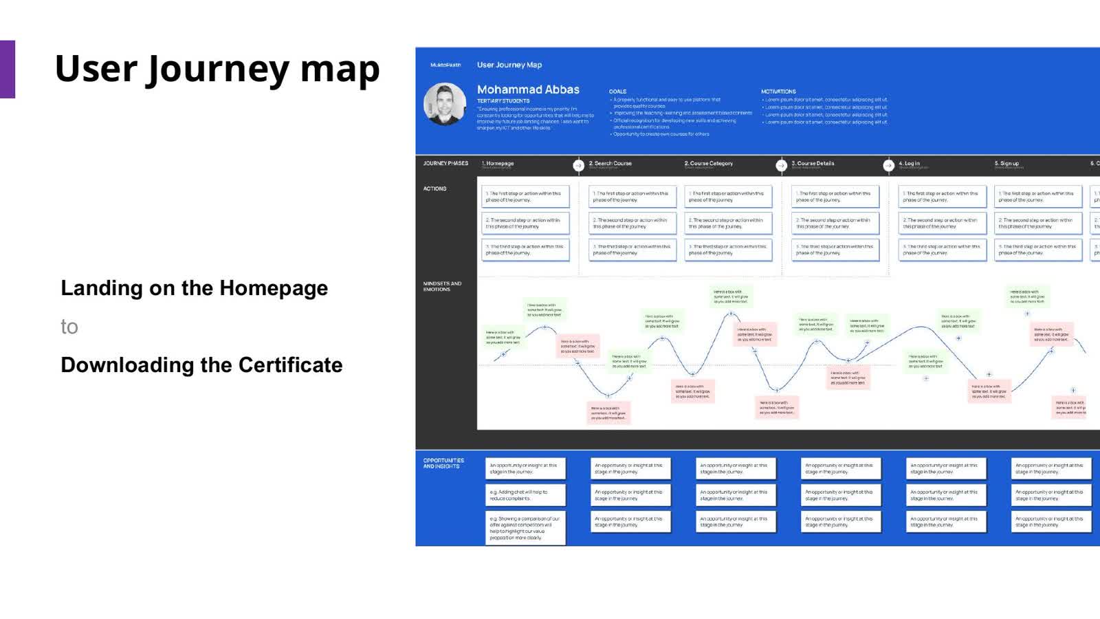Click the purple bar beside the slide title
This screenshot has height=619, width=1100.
pyautogui.click(x=8, y=69)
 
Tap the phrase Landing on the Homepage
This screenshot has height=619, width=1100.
pyautogui.click(x=194, y=288)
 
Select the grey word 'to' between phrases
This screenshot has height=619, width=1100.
pyautogui.click(x=69, y=327)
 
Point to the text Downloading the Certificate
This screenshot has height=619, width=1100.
pyautogui.click(x=201, y=365)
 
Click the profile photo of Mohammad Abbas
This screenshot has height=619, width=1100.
pyautogui.click(x=445, y=104)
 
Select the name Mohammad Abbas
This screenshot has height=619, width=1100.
pyautogui.click(x=528, y=89)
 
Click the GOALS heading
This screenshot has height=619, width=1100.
pyautogui.click(x=617, y=91)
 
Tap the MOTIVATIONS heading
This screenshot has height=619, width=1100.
pyautogui.click(x=778, y=91)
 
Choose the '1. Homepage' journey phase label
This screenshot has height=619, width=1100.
pyautogui.click(x=498, y=164)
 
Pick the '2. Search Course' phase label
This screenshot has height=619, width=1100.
pyautogui.click(x=610, y=164)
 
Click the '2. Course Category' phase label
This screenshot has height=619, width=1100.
pyautogui.click(x=708, y=164)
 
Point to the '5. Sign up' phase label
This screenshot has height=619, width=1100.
pyautogui.click(x=1006, y=164)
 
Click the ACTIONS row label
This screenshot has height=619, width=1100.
pyautogui.click(x=434, y=188)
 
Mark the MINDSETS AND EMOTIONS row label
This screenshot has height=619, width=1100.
pyautogui.click(x=442, y=286)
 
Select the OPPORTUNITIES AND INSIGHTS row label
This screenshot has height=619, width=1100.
pyautogui.click(x=443, y=464)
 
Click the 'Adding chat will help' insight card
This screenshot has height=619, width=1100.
pyautogui.click(x=525, y=495)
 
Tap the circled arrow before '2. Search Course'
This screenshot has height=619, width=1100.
pyautogui.click(x=578, y=165)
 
